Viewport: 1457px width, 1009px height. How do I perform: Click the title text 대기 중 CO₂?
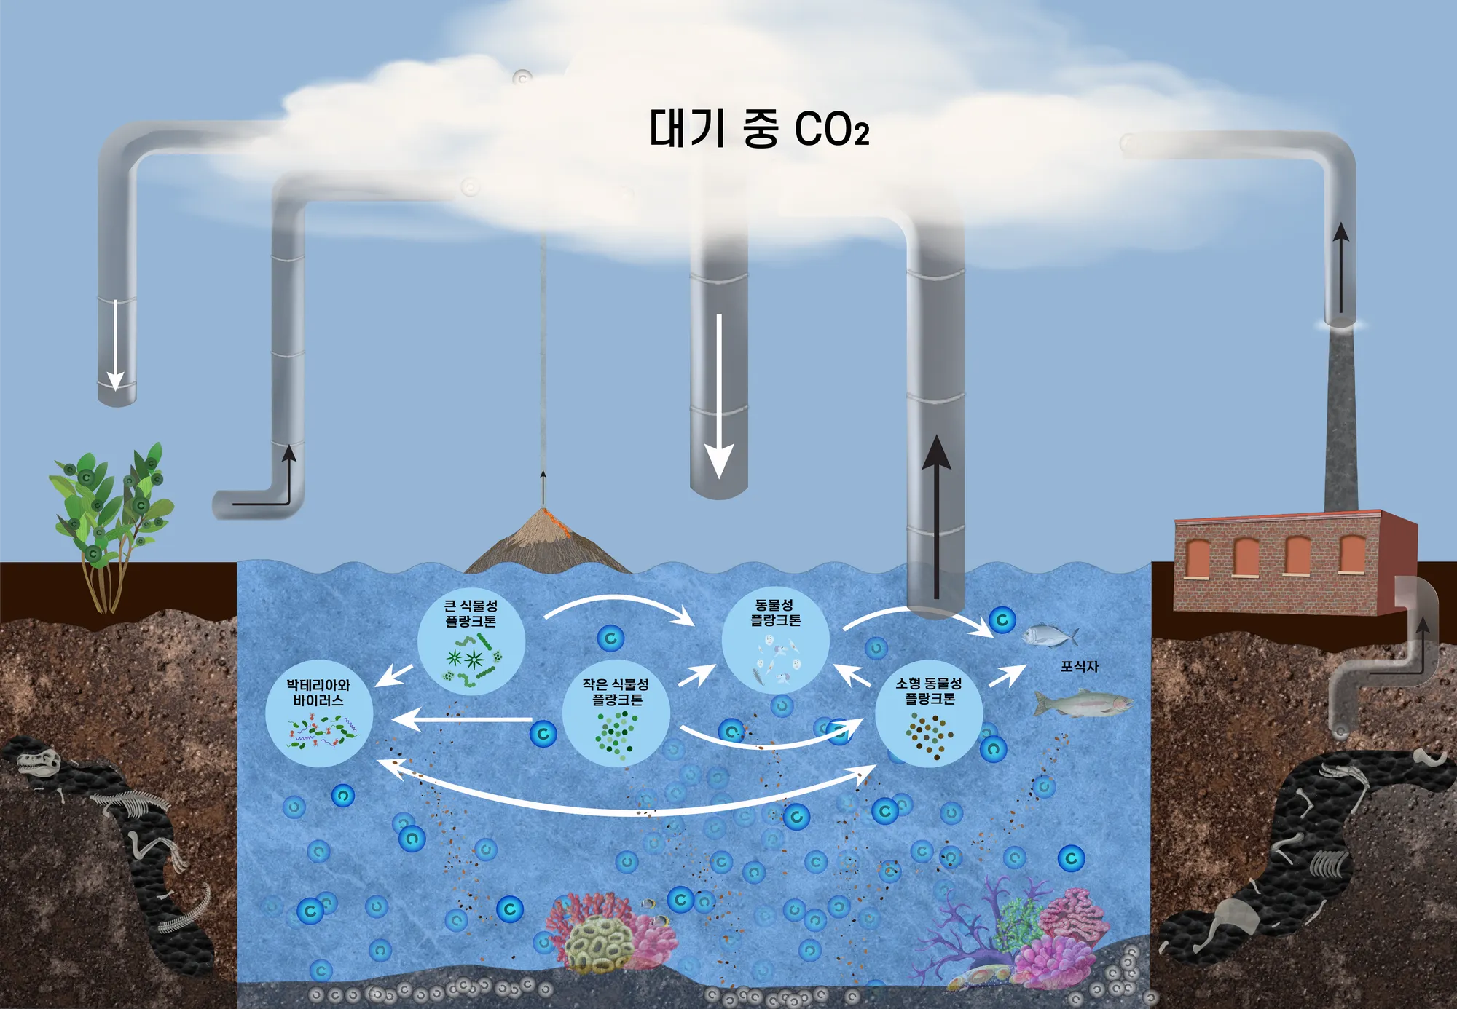758,130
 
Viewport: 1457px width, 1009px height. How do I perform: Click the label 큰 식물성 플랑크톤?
471,613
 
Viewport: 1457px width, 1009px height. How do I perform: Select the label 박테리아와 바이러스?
318,692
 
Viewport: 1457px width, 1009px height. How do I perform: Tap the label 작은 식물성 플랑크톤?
616,692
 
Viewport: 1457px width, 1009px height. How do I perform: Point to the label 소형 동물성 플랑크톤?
929,691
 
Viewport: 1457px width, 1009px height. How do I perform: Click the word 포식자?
1079,666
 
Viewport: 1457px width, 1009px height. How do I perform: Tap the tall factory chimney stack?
1340,422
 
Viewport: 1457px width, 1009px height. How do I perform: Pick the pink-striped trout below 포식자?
1083,704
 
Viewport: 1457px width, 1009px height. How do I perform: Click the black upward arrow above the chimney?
1340,266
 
